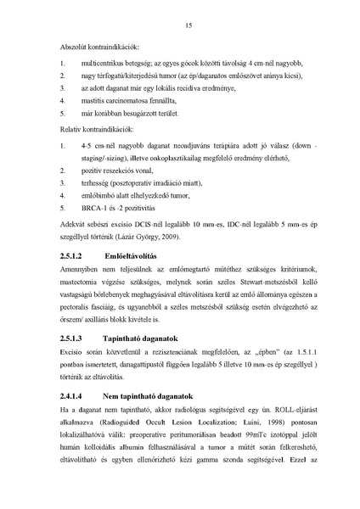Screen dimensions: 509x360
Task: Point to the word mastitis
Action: tap(97, 100)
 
